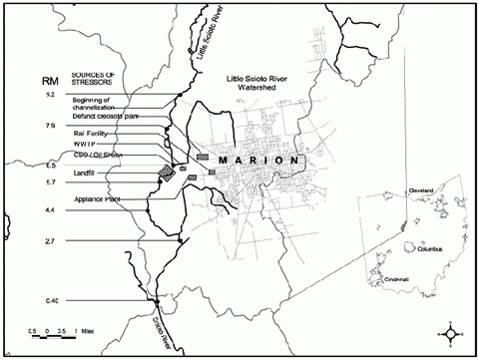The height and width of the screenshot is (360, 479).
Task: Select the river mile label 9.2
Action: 51,95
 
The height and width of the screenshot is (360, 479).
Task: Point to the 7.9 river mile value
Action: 51,127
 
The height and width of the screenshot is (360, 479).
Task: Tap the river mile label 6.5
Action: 51,166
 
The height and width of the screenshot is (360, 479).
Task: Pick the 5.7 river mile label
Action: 51,182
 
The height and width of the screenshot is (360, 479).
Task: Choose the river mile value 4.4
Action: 51,210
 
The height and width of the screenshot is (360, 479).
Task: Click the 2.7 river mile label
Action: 51,242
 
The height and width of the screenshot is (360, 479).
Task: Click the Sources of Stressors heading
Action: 95,78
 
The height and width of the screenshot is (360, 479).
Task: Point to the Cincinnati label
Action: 400,281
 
